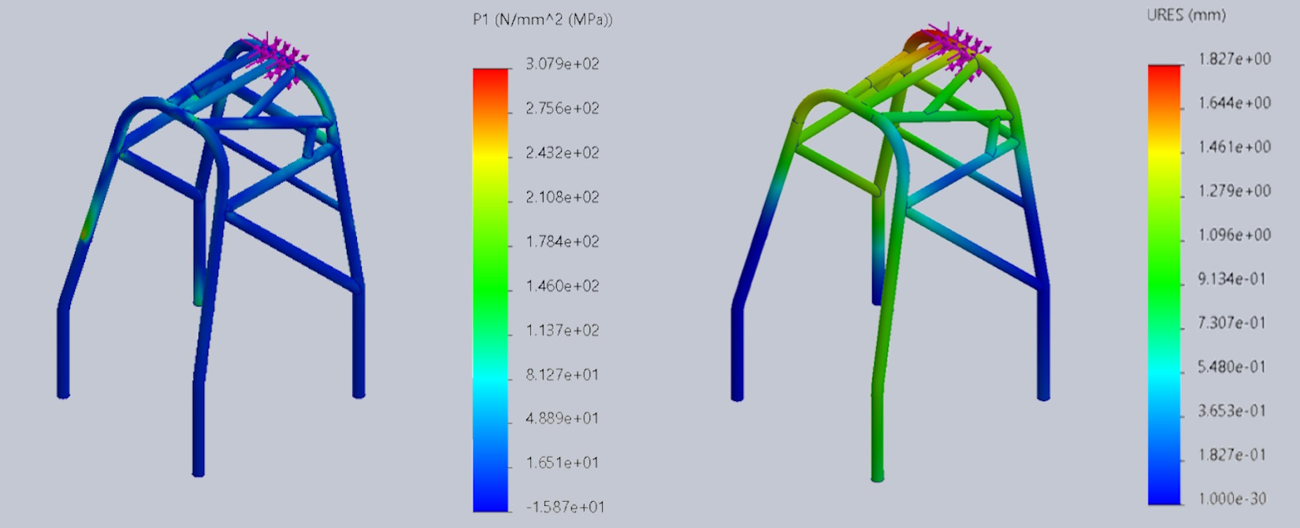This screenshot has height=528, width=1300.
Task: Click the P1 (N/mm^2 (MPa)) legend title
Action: [543, 20]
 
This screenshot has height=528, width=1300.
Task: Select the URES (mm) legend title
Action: [1187, 15]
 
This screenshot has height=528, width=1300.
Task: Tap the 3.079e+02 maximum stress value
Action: [562, 63]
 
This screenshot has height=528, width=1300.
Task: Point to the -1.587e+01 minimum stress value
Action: [565, 507]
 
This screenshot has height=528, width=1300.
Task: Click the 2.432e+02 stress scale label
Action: [562, 153]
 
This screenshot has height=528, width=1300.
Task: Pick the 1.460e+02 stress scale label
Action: [562, 286]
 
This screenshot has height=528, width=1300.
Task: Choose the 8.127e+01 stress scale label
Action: [562, 375]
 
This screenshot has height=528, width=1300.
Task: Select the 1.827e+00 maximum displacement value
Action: [1235, 58]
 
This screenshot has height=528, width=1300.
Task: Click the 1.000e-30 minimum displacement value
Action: [1232, 498]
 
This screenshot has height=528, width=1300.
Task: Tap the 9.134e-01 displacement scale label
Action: [1232, 279]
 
